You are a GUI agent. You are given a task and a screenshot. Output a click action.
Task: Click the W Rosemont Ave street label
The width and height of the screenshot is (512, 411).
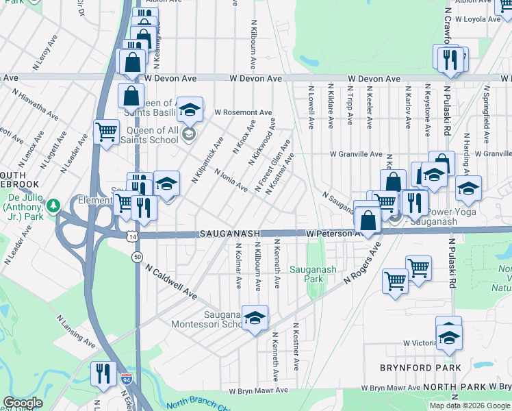(243, 112)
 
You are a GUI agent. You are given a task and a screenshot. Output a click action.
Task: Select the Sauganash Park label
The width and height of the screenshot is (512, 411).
(313, 274)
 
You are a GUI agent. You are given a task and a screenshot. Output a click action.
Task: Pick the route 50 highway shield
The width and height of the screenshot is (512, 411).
(138, 256)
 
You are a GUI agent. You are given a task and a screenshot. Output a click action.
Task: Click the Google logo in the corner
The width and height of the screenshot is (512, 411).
(22, 403)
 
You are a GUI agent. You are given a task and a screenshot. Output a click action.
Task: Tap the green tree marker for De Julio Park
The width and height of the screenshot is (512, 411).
(53, 204)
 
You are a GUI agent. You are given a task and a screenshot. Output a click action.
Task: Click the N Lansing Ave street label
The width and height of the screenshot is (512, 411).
(77, 331)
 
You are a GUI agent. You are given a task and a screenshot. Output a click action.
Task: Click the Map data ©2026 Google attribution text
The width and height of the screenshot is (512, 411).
(469, 406)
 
